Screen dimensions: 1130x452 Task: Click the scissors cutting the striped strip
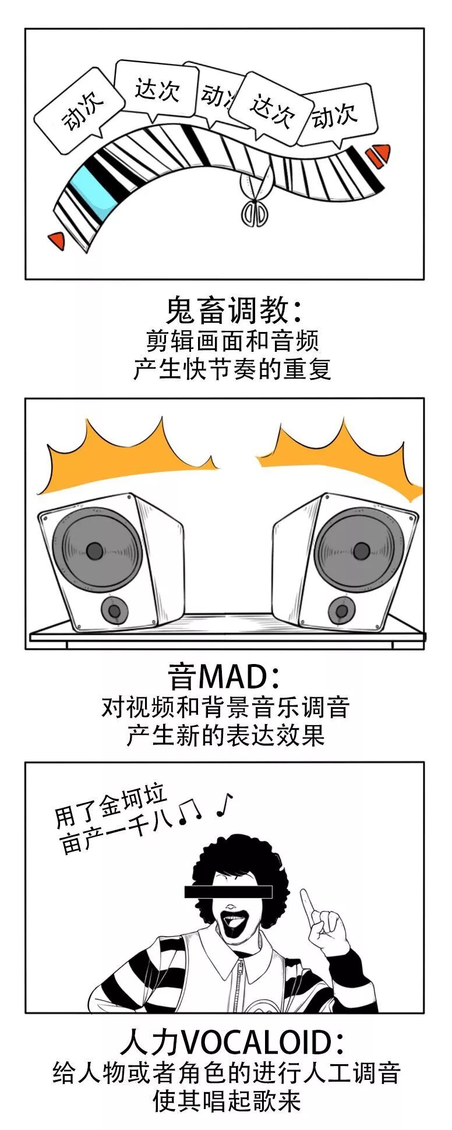pyautogui.click(x=255, y=202)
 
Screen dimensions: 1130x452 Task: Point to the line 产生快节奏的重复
pyautogui.click(x=232, y=369)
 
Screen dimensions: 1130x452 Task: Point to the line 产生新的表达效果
pyautogui.click(x=225, y=736)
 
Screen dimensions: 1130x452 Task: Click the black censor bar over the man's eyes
pyautogui.click(x=228, y=891)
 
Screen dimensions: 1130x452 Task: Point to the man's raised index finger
pyautogui.click(x=308, y=903)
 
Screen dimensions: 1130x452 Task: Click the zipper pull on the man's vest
pyautogui.click(x=240, y=974)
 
